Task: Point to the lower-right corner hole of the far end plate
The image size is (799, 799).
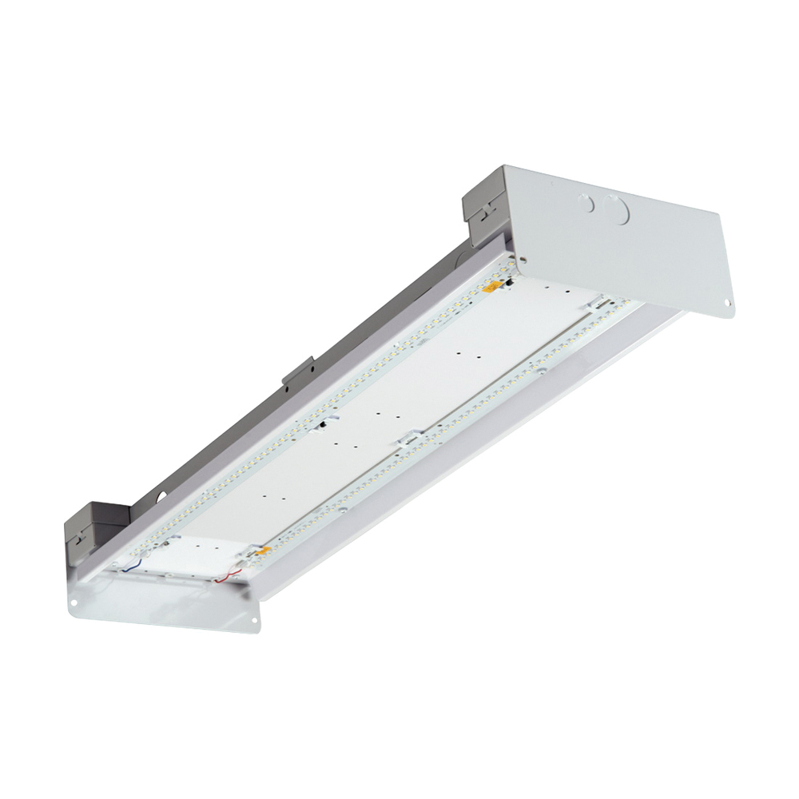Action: click(727, 303)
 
